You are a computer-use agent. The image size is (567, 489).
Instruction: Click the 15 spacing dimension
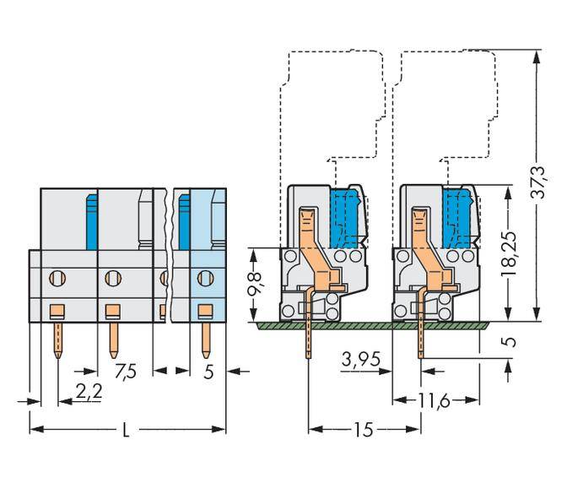pyautogui.click(x=364, y=429)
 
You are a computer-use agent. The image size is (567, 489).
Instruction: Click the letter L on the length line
pyautogui.click(x=126, y=430)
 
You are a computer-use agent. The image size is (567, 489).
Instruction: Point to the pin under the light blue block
pyautogui.click(x=204, y=338)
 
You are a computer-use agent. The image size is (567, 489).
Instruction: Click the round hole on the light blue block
pyautogui.click(x=204, y=276)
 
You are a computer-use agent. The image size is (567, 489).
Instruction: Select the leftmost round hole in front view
pyautogui.click(x=57, y=276)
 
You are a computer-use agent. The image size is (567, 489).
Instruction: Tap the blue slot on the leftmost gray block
pyautogui.click(x=88, y=219)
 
